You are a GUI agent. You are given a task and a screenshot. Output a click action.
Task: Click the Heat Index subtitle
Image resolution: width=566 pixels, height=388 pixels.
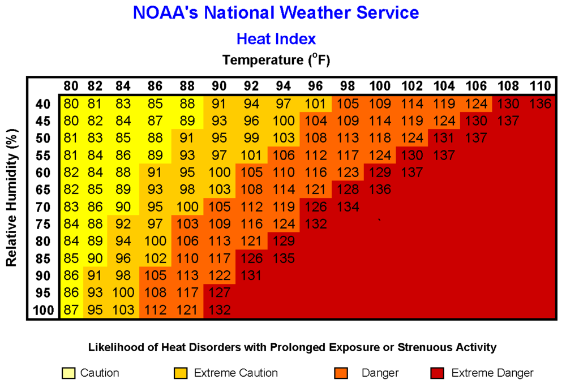click(x=276, y=38)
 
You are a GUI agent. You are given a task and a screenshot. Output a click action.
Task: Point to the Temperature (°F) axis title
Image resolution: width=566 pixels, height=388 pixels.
click(x=276, y=59)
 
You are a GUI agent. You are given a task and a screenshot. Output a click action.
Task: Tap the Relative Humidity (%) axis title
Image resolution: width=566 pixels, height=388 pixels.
click(x=11, y=197)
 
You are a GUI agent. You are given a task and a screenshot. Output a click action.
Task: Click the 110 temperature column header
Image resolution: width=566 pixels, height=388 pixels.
click(x=540, y=86)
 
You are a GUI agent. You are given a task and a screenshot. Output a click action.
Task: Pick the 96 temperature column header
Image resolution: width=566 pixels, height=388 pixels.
click(x=315, y=86)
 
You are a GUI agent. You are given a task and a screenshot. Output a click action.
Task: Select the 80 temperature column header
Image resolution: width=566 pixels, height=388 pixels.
click(x=71, y=86)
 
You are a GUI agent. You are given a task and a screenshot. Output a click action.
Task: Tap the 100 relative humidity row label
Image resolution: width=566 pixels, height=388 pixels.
click(x=42, y=310)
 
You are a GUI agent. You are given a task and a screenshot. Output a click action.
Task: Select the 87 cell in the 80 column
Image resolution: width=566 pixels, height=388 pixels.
click(x=71, y=310)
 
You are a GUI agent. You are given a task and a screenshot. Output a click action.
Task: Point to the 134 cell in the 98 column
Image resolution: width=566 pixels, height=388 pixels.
click(x=348, y=207)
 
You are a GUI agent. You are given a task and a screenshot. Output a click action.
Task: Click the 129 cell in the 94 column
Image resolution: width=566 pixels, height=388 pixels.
click(x=283, y=242)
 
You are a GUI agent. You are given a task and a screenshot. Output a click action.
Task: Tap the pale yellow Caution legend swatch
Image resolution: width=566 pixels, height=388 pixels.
click(x=67, y=373)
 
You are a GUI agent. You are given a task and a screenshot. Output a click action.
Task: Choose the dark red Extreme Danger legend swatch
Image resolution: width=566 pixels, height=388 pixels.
click(x=438, y=373)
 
